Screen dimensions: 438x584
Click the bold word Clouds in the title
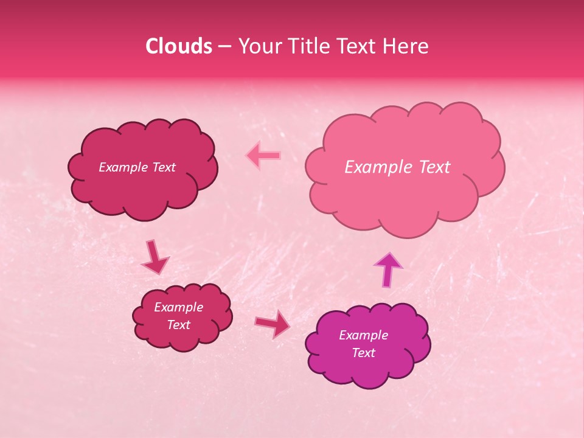[x=179, y=46]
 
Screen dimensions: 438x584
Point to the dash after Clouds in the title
[x=224, y=47]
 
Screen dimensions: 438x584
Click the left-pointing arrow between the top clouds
[x=263, y=156]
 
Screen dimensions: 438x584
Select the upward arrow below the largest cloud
[x=388, y=268]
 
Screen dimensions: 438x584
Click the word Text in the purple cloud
[x=363, y=353]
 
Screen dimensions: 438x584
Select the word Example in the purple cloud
[x=363, y=335]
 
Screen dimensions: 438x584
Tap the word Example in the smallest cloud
[x=178, y=307]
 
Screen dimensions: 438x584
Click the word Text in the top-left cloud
[x=163, y=167]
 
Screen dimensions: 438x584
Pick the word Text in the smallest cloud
[x=178, y=325]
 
